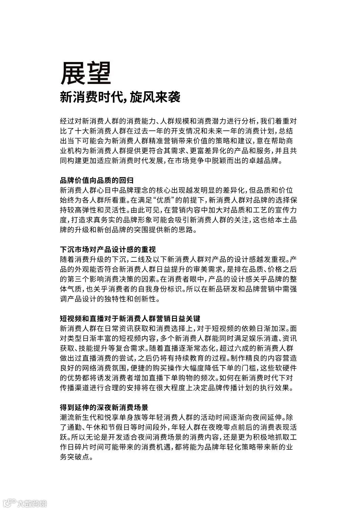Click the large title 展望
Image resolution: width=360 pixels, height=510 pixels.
86,73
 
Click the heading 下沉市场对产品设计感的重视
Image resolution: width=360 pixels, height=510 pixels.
108,250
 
